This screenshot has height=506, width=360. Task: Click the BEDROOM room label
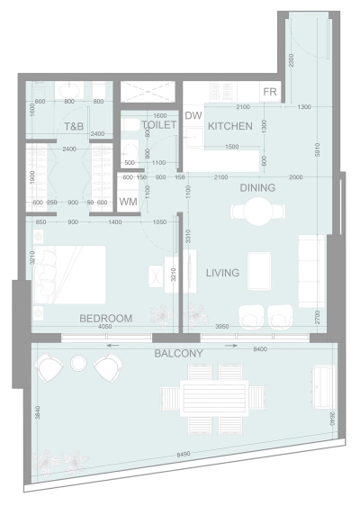tap(105, 318)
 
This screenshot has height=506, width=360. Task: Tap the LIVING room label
tap(221, 274)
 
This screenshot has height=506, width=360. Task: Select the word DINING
tap(257, 188)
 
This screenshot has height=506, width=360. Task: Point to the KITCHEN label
tap(229, 127)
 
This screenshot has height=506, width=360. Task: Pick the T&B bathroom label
tap(73, 127)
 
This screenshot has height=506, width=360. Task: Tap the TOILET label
tap(159, 126)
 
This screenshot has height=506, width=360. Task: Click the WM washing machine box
tap(128, 202)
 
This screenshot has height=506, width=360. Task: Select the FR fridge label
tap(270, 93)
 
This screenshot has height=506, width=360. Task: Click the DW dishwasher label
tap(193, 115)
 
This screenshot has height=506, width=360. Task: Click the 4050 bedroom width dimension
tap(105, 329)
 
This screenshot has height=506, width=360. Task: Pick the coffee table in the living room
tap(259, 269)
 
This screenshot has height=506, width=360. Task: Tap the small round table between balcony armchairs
tap(78, 363)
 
